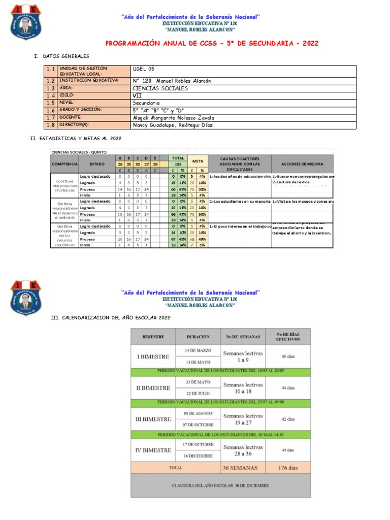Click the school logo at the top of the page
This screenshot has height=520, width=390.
pos(26,22)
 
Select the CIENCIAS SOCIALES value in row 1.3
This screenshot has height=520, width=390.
pos(159,88)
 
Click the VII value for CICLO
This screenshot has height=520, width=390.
pos(137,95)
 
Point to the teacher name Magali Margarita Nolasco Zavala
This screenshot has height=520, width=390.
pos(173,117)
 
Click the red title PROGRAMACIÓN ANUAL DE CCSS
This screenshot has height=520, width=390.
pos(212,43)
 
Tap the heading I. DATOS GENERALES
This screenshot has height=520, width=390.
pos(61,56)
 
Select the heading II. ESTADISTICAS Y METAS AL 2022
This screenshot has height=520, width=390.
pos(76,138)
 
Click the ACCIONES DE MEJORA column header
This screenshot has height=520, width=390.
pos(303,164)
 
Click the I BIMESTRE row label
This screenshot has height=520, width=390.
pos(153,356)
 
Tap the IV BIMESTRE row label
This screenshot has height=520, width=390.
pos(153,450)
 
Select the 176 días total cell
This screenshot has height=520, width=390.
pos(288,468)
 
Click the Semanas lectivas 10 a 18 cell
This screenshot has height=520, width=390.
pos(243,388)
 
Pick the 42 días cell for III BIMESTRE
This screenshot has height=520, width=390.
pos(288,419)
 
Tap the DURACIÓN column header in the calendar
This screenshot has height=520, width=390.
pos(198,336)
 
